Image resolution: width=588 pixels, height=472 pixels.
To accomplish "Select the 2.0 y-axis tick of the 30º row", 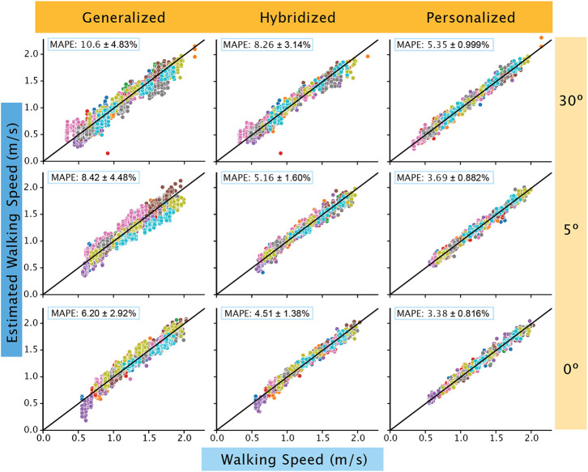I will [x=32, y=54].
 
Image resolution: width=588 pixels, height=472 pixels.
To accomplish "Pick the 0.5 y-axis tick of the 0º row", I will [x=32, y=402].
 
